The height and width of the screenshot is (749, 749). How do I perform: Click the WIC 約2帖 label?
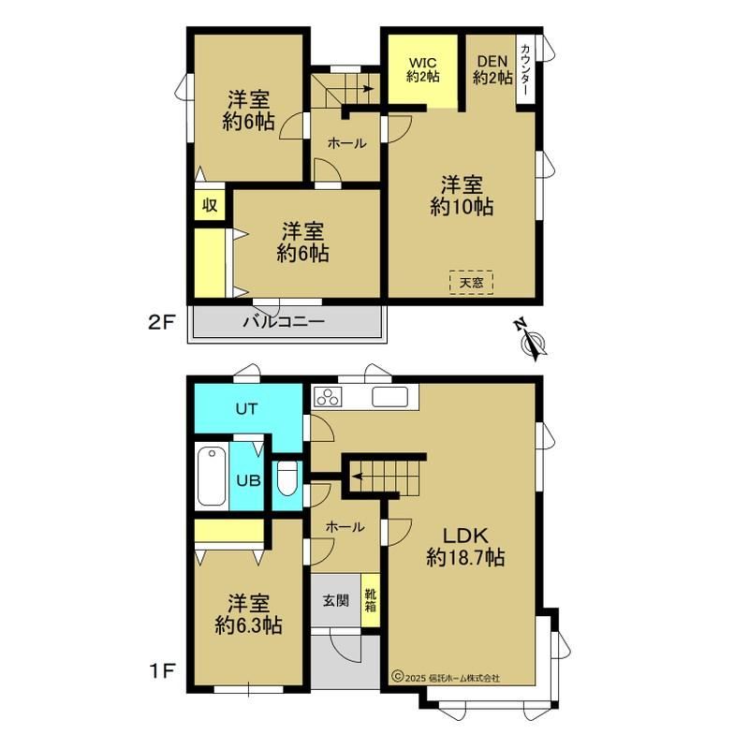[423, 69]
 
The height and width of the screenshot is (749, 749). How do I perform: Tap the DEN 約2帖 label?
[492, 69]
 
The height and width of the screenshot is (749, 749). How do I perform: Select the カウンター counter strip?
[525, 69]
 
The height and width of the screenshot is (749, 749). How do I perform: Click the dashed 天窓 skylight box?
[471, 283]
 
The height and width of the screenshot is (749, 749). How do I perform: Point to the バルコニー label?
[285, 321]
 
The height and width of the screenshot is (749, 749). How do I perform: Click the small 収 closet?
[210, 205]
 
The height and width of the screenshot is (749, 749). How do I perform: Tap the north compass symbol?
[532, 340]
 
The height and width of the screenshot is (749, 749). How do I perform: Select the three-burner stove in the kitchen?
[328, 397]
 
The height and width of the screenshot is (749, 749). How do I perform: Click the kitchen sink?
[390, 397]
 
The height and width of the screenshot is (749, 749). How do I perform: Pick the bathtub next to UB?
[212, 476]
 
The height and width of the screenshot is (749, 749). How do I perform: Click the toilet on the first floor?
[287, 478]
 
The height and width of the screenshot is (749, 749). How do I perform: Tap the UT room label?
[246, 409]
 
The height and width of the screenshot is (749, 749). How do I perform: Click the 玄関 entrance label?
[336, 600]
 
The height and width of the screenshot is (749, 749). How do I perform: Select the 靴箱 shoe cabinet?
[370, 600]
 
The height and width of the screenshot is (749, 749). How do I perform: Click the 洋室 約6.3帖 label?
[248, 614]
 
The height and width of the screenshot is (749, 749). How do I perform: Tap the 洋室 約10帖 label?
[462, 196]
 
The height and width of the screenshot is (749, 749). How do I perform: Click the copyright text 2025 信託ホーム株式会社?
[446, 677]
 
